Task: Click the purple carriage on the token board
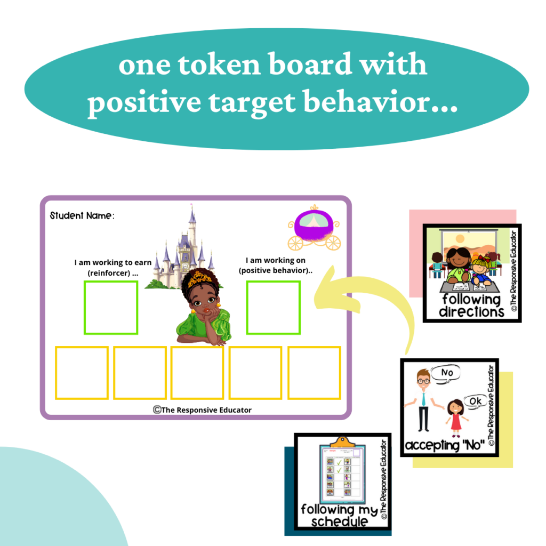(314, 228)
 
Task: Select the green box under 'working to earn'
(111, 308)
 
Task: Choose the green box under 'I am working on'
(273, 308)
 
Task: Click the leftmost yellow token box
(82, 373)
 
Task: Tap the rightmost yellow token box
(314, 373)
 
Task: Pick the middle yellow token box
(197, 373)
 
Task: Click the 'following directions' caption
(471, 306)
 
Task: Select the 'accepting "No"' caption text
(444, 445)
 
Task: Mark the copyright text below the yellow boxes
(202, 409)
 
